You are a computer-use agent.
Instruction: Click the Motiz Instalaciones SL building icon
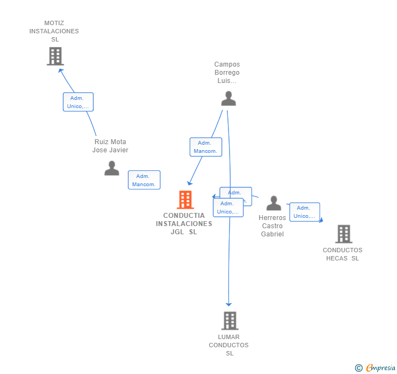coord(55,56)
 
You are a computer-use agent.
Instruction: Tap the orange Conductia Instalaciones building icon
coord(185,200)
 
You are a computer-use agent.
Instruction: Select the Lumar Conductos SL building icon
coord(230,320)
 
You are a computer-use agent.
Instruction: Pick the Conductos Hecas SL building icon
coord(344,234)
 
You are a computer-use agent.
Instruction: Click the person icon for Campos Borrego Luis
coord(228,98)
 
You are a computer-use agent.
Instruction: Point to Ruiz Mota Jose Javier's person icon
coord(112,168)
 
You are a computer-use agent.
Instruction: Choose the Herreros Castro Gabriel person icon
coord(274,203)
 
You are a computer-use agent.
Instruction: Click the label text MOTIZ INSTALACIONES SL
coord(54,31)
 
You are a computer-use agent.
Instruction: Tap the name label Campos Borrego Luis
coord(227,73)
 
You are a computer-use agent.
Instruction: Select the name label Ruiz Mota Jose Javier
coord(110,146)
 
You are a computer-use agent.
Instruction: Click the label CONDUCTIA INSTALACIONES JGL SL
coord(184,224)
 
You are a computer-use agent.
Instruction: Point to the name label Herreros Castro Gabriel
coord(272,226)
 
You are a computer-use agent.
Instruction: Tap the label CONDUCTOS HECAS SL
coord(342,254)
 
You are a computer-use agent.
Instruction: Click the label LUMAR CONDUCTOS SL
coord(229,345)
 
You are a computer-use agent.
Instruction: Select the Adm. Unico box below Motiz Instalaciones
coord(78,102)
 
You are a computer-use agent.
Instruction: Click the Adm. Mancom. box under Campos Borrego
coord(206,147)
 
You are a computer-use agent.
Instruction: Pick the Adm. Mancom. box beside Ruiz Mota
coord(144,180)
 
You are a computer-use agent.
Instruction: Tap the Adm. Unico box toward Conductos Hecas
coord(304,212)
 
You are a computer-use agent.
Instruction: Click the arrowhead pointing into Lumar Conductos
coord(229,304)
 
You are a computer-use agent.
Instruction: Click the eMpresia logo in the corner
coord(375,367)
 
